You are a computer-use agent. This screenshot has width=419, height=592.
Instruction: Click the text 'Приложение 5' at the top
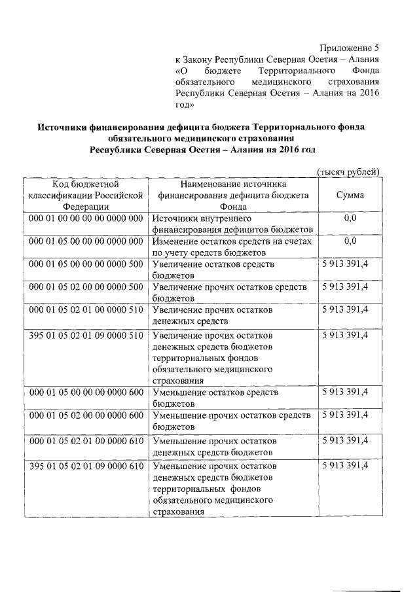349,48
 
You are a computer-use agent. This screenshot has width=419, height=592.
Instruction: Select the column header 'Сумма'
350,195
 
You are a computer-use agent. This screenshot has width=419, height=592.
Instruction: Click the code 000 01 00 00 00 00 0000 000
86,218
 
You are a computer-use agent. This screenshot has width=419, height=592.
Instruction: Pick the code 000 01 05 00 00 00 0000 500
86,264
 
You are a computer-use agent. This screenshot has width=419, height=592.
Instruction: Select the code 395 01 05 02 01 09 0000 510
86,335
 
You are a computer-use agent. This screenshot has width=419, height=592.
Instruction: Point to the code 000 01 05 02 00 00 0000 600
86,415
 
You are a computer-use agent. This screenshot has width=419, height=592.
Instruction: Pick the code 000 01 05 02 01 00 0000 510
86,309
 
